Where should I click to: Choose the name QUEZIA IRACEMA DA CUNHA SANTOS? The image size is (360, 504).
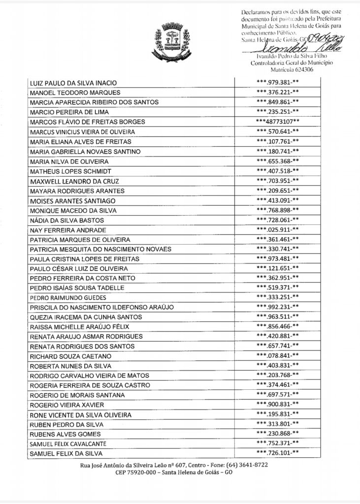[86, 317]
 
